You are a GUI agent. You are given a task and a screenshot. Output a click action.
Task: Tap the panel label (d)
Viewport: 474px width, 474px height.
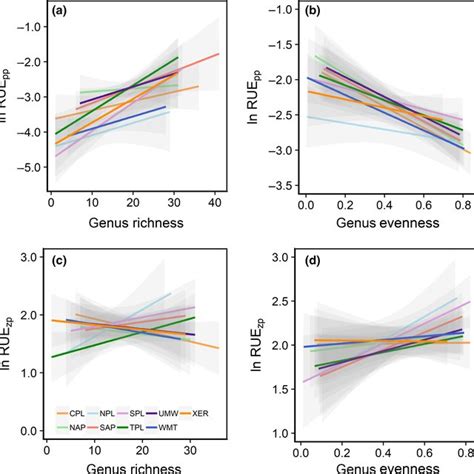tap(310, 263)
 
